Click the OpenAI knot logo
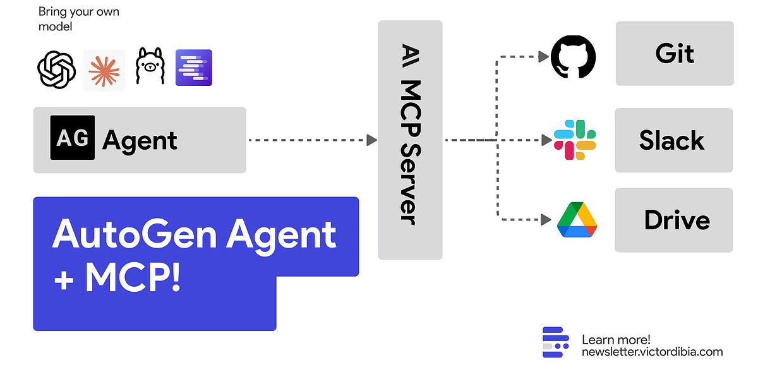click(x=57, y=69)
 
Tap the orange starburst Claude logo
click(x=104, y=70)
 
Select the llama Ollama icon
click(x=150, y=67)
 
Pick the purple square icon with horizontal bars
click(x=194, y=68)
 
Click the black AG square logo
click(x=73, y=137)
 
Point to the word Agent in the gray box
click(x=140, y=140)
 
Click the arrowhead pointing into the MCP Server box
click(x=372, y=140)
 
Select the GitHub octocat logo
click(x=574, y=57)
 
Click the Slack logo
click(x=575, y=140)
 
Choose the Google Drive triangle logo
click(x=577, y=219)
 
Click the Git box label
click(x=675, y=54)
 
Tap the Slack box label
click(x=671, y=140)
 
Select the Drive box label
click(x=677, y=220)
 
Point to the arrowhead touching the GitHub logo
click(x=543, y=57)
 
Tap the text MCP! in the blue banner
click(x=133, y=279)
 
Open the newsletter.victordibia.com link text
click(x=652, y=352)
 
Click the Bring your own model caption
click(x=79, y=20)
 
